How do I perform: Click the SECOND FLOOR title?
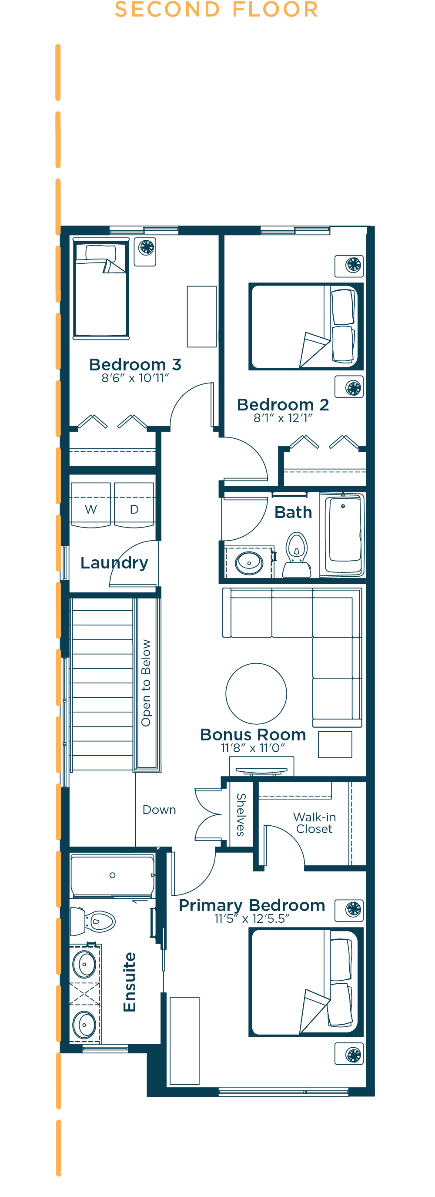[x=216, y=9]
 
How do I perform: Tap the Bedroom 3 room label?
[x=135, y=365]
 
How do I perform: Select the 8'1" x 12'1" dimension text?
[x=283, y=418]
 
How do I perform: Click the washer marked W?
[x=90, y=504]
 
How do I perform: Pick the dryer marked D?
[x=134, y=504]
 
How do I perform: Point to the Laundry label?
[x=114, y=563]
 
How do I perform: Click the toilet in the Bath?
[x=297, y=555]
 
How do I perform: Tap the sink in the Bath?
[x=249, y=563]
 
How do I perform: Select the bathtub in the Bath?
[x=344, y=535]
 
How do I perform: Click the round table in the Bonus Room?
[x=256, y=693]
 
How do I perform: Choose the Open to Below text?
[x=146, y=683]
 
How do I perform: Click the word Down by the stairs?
[x=159, y=810]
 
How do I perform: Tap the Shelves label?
[x=241, y=814]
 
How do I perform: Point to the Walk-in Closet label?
[x=315, y=823]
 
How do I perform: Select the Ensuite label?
[x=130, y=982]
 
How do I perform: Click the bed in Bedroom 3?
[x=101, y=289]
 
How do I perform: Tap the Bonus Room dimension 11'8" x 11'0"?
[x=253, y=748]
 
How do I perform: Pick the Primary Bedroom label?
[x=252, y=906]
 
